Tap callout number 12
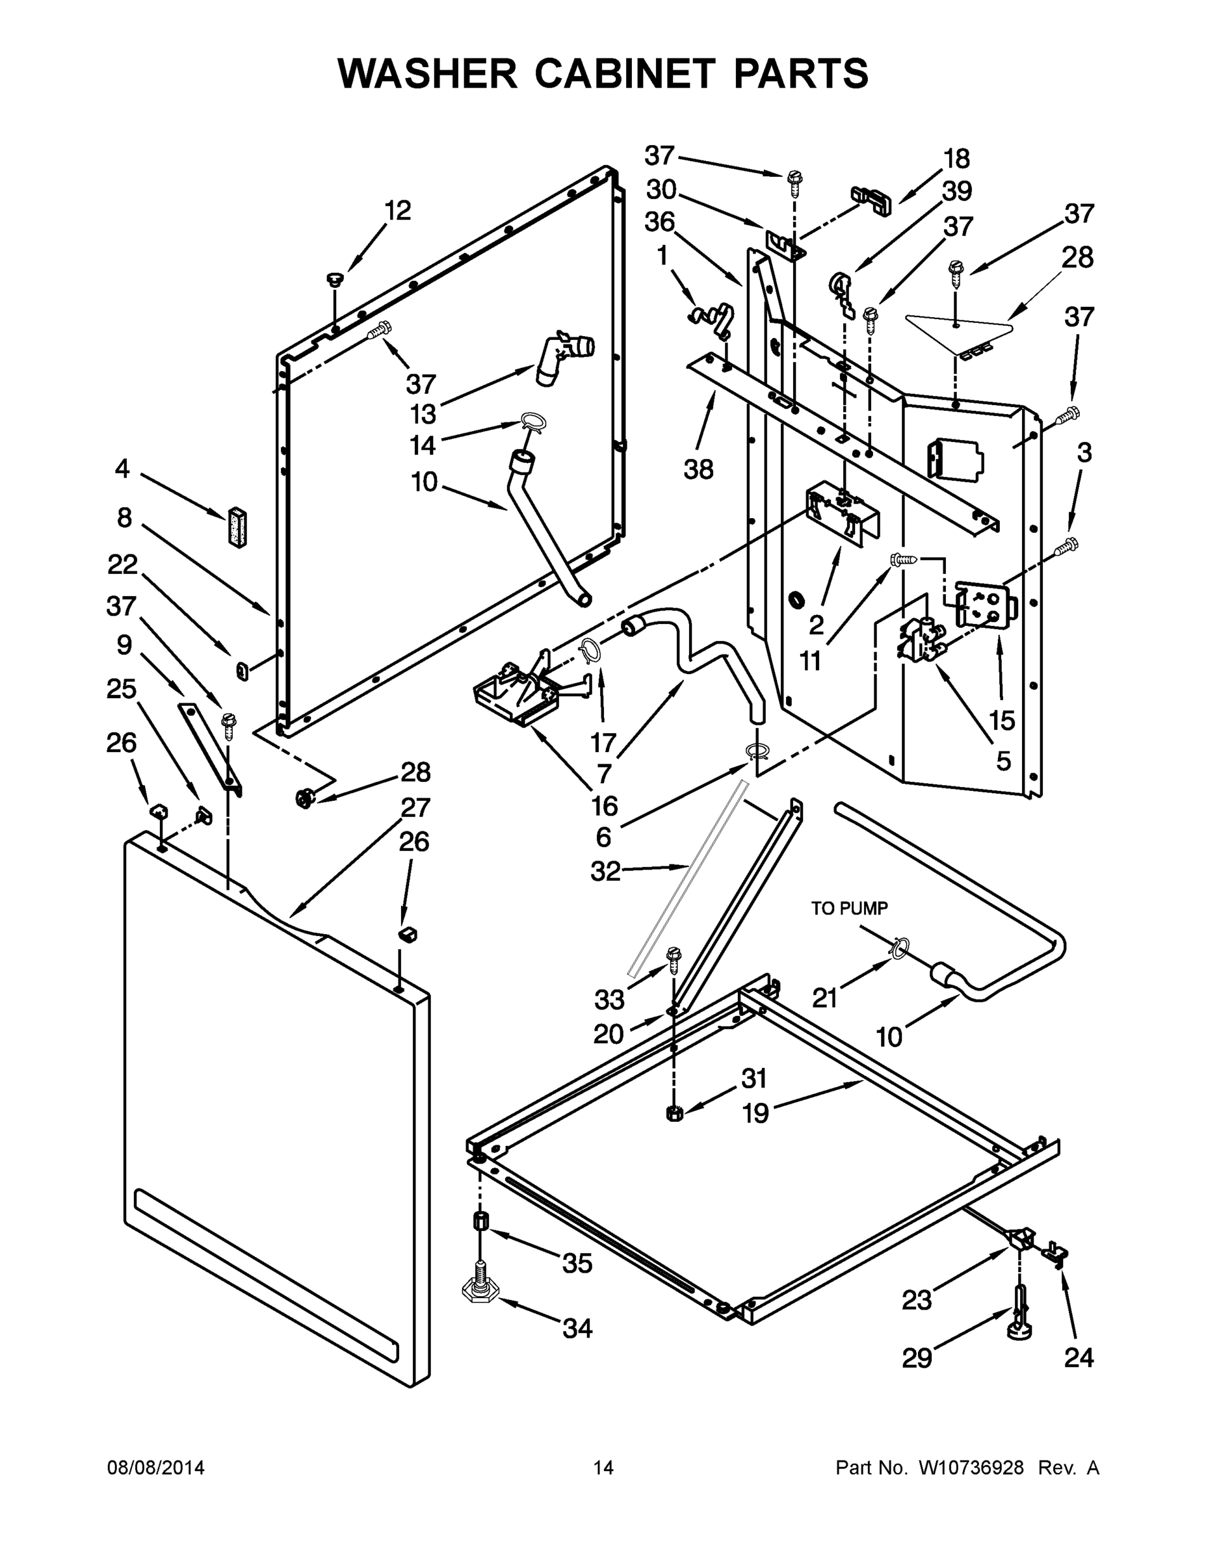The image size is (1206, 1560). coord(398,211)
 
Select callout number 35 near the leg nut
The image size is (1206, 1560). coord(577,1264)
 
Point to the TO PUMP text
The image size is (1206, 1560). coord(850,909)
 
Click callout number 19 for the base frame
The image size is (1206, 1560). coord(755,1113)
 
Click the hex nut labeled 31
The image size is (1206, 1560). coord(674,1113)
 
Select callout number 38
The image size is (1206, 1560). coord(698,469)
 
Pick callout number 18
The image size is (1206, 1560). coord(956,159)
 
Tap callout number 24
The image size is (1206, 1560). coord(1079,1357)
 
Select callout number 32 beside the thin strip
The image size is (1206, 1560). coord(605,871)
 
